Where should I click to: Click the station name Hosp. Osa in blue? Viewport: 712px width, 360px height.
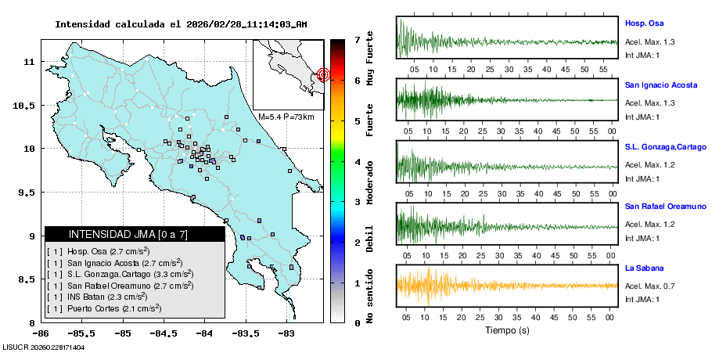coord(645,23)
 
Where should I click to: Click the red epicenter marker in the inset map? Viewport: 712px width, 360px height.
coord(324,75)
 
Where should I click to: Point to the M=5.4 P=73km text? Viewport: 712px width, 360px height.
coord(286,117)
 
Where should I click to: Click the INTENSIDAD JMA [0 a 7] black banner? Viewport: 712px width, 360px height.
coord(135,234)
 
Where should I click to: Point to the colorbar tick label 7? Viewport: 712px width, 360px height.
coord(357,39)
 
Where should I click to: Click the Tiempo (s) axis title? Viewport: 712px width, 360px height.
coord(506,331)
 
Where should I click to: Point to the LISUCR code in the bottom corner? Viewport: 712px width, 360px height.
coord(43,347)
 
